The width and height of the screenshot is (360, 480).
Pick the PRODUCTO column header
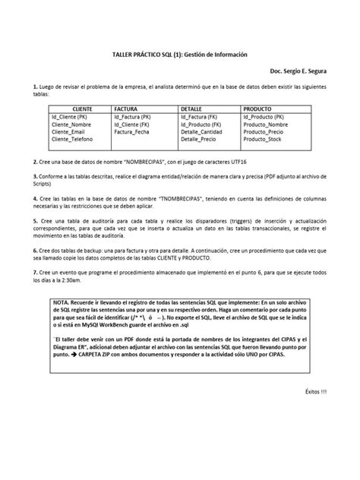pos(257,109)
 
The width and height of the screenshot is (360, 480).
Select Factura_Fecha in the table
pos(135,131)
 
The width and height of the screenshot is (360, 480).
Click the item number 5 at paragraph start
pos(35,219)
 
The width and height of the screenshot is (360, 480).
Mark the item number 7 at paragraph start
pos(35,272)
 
